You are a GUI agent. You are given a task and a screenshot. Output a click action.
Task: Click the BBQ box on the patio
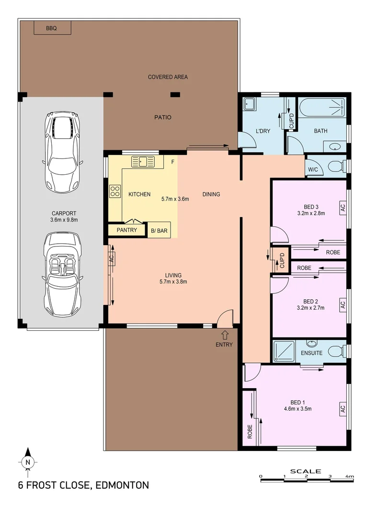(52, 28)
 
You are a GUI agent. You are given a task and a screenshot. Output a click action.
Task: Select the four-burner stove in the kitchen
(115, 191)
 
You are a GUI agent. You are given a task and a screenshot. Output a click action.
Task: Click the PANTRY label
(127, 230)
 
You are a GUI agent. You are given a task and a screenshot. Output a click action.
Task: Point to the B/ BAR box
(159, 230)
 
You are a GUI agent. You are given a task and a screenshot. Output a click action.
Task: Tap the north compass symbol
(28, 461)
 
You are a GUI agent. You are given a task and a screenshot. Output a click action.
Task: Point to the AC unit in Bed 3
(342, 207)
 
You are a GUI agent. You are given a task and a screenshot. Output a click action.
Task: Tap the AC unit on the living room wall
(111, 259)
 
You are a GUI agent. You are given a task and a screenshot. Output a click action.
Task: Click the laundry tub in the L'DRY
(250, 104)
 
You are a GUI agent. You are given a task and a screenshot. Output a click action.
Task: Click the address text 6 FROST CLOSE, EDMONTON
(83, 485)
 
